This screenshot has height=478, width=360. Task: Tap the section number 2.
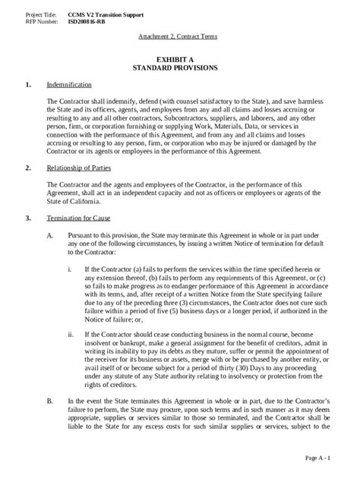coord(28,166)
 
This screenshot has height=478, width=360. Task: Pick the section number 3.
coord(28,218)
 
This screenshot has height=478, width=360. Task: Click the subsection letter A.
coord(50,236)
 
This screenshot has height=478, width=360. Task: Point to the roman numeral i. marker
coord(70,269)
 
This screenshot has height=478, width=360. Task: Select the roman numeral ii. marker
coord(71,334)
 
